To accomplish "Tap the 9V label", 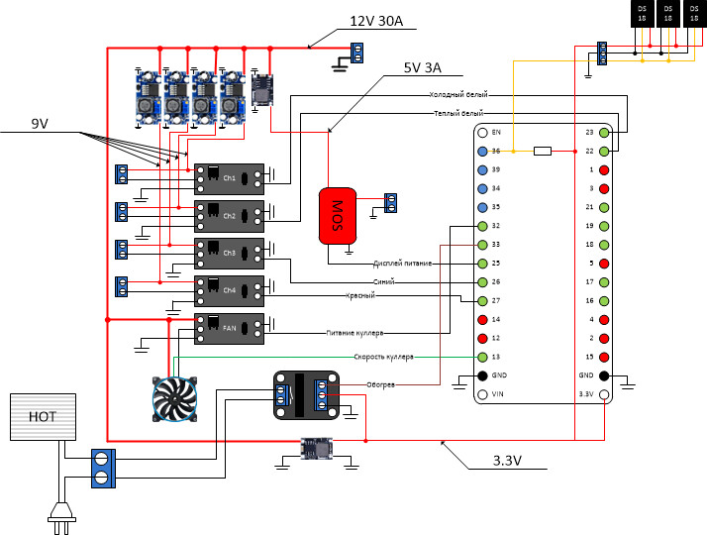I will pyautogui.click(x=40, y=124).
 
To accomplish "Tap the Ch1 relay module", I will pyautogui.click(x=229, y=177).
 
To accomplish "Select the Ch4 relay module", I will pyautogui.click(x=229, y=290).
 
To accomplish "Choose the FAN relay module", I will pyautogui.click(x=229, y=328).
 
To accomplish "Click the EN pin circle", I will pyautogui.click(x=482, y=133).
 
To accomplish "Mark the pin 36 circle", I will pyautogui.click(x=482, y=152).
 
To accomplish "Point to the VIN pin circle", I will pyautogui.click(x=482, y=394).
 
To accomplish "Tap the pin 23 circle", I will pyautogui.click(x=603, y=133).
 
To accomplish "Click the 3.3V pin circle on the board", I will pyautogui.click(x=603, y=394).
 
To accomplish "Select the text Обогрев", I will pyautogui.click(x=380, y=383).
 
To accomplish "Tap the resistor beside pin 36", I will pyautogui.click(x=542, y=152).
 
